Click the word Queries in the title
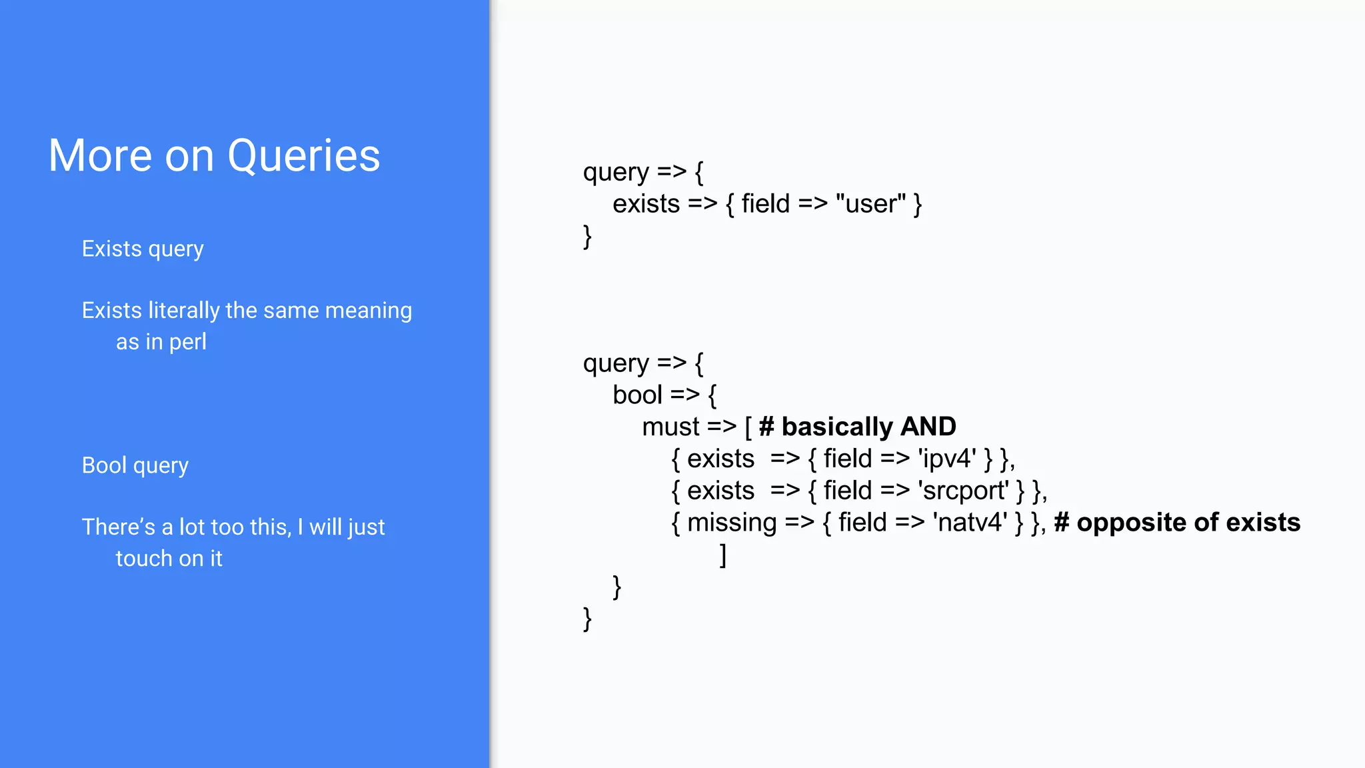[x=303, y=156]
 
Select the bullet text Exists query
[x=143, y=249]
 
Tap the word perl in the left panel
[x=187, y=342]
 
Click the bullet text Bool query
[x=135, y=465]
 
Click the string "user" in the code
[x=870, y=204]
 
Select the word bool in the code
[x=637, y=395]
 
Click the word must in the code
[x=671, y=427]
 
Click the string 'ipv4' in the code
[x=947, y=459]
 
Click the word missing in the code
[x=731, y=523]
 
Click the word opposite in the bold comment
[x=1131, y=523]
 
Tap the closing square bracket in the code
[x=722, y=555]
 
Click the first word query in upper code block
[x=616, y=173]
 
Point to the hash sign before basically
[x=766, y=427]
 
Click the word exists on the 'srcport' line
[x=720, y=491]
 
